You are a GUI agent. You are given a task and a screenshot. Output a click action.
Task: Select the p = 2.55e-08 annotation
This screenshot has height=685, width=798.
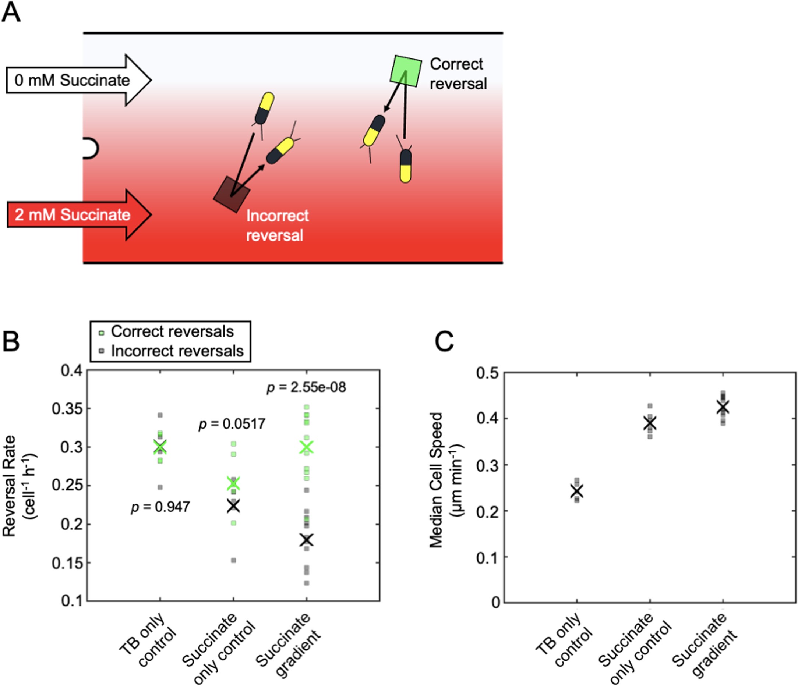(306, 387)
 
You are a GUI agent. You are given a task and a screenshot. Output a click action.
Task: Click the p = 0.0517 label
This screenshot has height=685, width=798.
(232, 424)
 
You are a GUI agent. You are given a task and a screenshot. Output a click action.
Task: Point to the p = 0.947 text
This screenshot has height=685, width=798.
(160, 507)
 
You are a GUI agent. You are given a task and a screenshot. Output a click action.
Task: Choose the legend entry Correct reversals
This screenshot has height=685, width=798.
(172, 331)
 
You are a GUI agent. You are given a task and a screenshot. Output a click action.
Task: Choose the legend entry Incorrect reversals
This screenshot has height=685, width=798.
(177, 351)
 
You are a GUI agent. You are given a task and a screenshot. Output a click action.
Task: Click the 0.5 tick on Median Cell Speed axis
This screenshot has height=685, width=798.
(487, 373)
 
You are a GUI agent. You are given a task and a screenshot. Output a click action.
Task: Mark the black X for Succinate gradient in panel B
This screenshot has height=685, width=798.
(307, 540)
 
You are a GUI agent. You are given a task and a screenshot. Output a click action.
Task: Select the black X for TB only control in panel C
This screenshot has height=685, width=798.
(576, 491)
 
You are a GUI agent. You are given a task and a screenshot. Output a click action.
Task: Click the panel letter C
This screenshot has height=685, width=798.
(444, 341)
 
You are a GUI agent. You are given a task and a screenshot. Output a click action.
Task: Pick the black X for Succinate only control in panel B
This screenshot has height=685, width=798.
(233, 506)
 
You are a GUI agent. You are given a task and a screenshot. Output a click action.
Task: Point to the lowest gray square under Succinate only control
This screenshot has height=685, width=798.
(233, 560)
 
